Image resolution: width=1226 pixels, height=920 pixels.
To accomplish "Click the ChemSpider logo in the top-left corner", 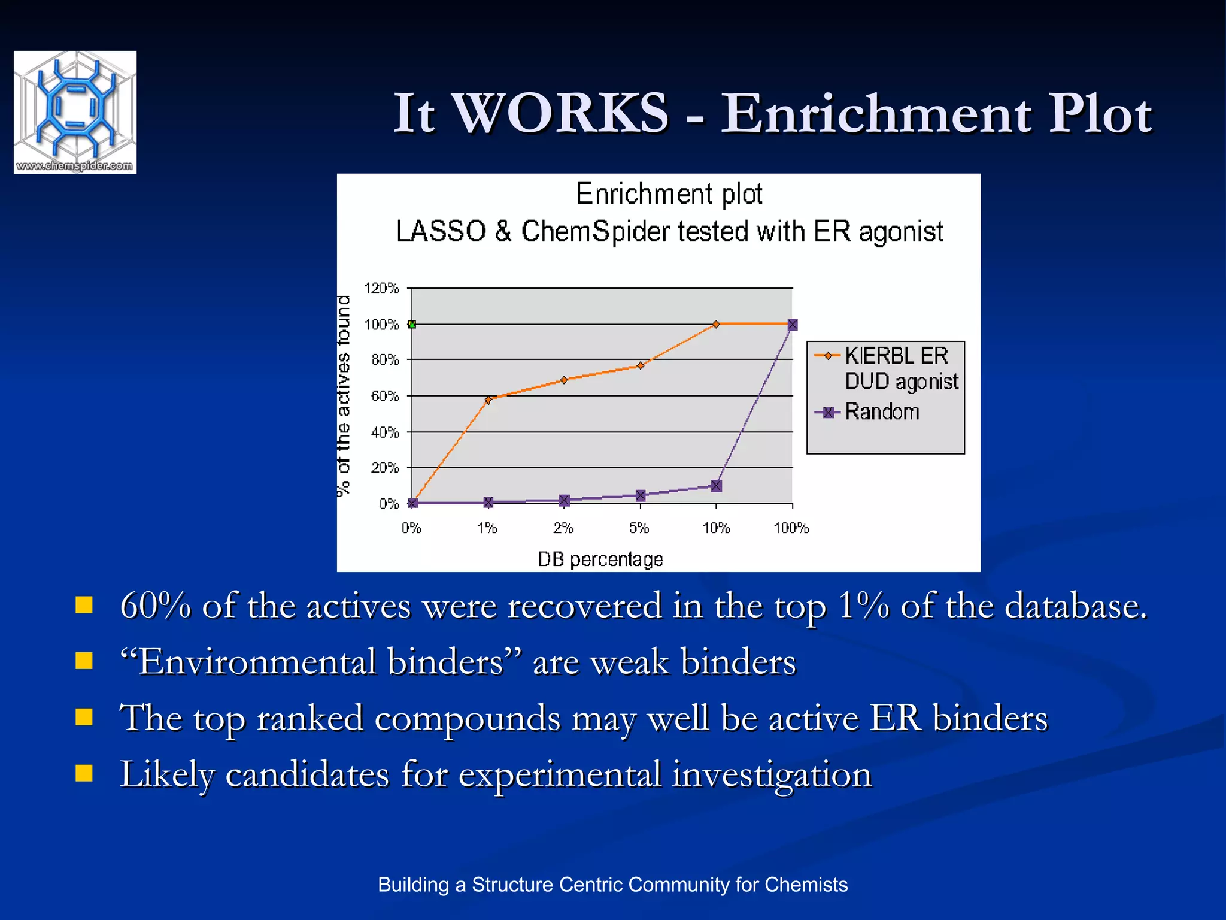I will click(75, 112).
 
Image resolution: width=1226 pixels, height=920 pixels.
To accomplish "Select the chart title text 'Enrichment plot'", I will click(669, 194).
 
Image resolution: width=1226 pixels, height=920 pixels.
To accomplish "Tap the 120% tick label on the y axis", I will click(381, 289).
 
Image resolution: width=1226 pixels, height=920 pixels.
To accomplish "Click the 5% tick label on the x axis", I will click(639, 528).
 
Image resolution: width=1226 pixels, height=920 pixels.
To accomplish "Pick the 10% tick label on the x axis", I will click(716, 528).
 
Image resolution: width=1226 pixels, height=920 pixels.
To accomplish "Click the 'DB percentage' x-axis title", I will click(600, 559).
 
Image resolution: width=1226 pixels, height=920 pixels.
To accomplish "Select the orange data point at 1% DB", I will click(488, 400).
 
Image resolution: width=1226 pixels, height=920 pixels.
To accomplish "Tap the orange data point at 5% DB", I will click(641, 365).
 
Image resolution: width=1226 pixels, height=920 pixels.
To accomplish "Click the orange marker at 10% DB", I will click(716, 324).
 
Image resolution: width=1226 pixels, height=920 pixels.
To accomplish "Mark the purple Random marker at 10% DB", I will click(717, 486).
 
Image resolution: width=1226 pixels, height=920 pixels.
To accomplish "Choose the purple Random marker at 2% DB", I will click(565, 500).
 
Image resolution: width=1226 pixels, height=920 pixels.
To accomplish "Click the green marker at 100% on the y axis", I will click(412, 324).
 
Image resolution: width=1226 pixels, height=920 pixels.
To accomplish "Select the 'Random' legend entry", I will click(881, 412).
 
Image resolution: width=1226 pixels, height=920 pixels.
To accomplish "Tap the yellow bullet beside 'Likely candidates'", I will click(84, 773).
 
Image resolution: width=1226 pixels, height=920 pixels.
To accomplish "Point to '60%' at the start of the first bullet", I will click(155, 606).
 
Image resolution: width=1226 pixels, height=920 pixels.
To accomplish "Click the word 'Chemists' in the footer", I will click(806, 885).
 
